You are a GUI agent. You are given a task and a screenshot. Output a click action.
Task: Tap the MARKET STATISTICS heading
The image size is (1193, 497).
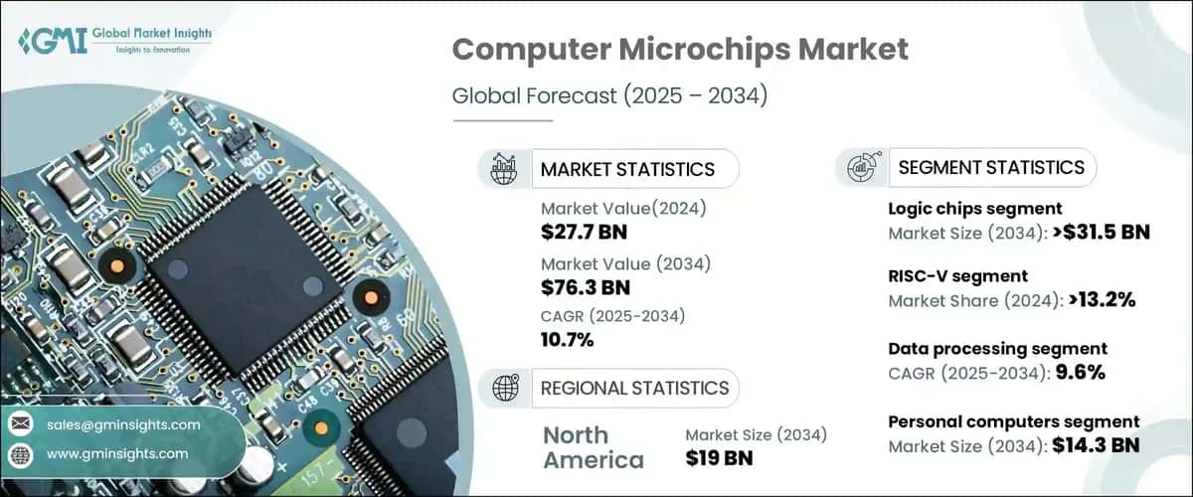pyautogui.click(x=626, y=169)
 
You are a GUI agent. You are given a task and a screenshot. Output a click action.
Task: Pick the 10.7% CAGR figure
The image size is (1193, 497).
pyautogui.click(x=568, y=341)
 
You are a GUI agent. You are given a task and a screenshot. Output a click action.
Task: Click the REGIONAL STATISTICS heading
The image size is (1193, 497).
pyautogui.click(x=634, y=388)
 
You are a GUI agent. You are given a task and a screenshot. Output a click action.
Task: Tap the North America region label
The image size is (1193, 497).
pyautogui.click(x=592, y=446)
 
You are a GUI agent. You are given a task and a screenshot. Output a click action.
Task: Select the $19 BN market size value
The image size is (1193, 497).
pyautogui.click(x=719, y=458)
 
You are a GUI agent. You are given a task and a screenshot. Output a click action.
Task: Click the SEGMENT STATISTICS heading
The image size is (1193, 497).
pyautogui.click(x=991, y=168)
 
